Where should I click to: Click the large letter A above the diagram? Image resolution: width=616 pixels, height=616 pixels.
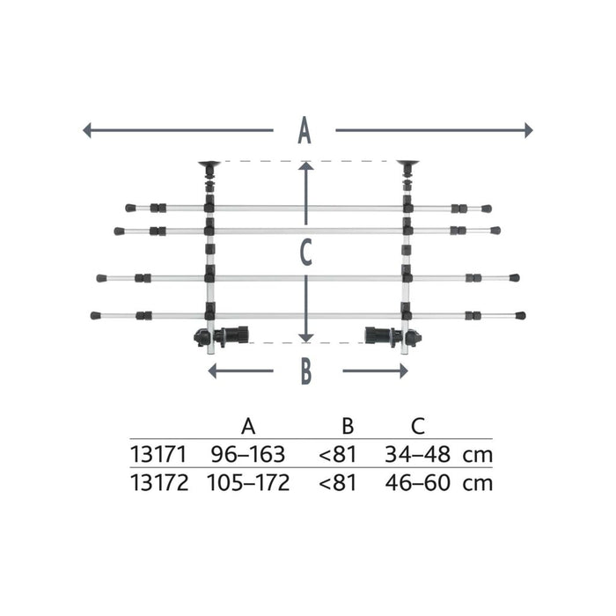click(304, 130)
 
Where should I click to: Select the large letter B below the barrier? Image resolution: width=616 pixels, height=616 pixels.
click(306, 370)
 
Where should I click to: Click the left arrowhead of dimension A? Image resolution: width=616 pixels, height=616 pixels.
click(87, 130)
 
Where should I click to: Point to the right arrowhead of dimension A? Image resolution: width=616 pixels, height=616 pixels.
click(529, 130)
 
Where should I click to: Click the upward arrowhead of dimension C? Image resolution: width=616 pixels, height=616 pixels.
click(306, 166)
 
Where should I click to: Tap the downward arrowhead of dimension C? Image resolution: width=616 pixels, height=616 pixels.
click(306, 338)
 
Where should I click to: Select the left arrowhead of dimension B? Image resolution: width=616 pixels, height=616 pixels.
click(212, 370)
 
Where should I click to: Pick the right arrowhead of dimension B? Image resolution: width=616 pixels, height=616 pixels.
click(404, 370)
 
